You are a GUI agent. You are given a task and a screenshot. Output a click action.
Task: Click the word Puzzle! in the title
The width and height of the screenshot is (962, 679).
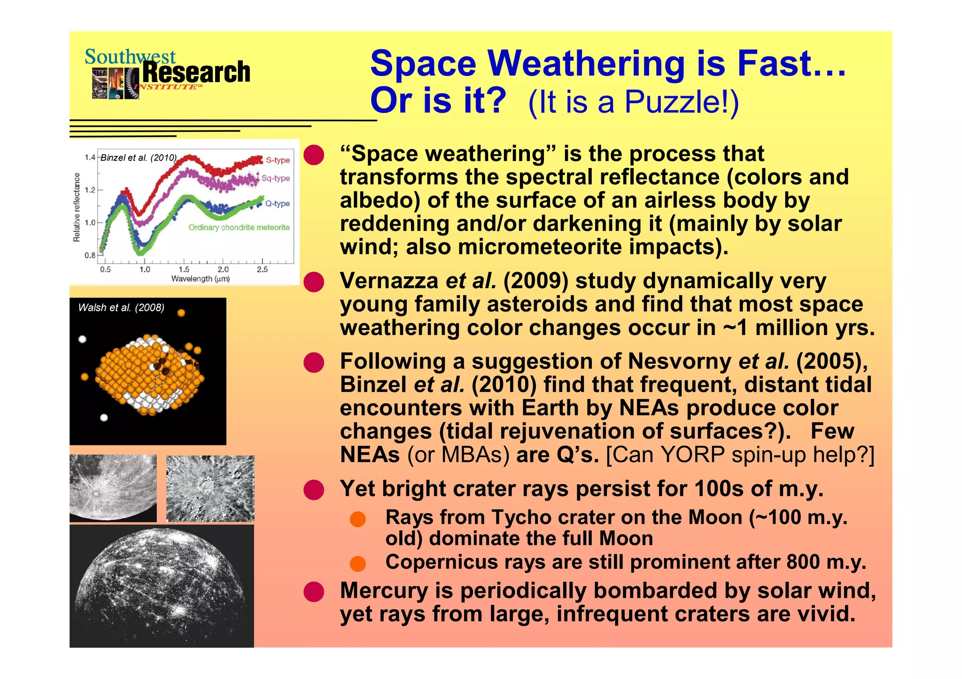[676, 102]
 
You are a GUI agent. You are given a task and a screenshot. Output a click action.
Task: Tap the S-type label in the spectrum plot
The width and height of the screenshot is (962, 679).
[278, 160]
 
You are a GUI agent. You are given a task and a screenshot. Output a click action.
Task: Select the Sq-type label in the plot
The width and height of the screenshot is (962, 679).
[276, 178]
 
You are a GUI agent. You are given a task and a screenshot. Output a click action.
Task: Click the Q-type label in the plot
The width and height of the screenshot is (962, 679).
[277, 204]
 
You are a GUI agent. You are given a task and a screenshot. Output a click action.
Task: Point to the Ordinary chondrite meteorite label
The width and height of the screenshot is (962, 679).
[239, 228]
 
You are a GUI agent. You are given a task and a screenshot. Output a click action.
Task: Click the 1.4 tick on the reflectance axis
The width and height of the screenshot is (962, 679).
[90, 158]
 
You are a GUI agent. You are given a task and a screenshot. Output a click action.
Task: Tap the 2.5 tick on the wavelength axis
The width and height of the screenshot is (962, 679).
[262, 270]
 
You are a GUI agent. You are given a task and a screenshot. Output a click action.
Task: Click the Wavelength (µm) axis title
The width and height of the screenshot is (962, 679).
[200, 279]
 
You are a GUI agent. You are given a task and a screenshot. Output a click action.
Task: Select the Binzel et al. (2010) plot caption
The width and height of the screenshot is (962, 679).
[139, 158]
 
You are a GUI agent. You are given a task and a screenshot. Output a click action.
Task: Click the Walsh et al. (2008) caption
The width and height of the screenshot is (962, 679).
[121, 308]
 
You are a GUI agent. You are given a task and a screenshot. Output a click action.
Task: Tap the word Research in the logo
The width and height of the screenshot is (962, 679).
[196, 72]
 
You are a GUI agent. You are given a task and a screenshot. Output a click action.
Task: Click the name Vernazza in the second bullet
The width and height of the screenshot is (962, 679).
[389, 281]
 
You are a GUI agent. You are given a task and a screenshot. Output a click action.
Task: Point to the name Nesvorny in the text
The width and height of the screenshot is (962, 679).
[679, 362]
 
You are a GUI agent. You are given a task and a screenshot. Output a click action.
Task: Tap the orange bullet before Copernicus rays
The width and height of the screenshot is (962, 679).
[358, 564]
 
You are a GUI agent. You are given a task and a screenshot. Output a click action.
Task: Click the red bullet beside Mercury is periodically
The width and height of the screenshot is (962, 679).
[314, 592]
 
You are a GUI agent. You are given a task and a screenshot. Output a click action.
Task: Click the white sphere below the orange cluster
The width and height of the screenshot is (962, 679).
[104, 418]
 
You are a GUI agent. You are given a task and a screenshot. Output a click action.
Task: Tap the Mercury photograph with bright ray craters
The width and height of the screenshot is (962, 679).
[162, 587]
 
